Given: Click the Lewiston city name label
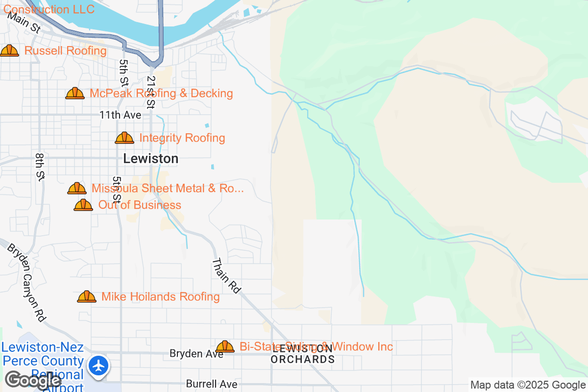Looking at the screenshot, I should (x=151, y=159).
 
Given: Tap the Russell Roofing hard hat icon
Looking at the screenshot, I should (x=9, y=50).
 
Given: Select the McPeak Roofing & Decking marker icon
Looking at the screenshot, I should (x=75, y=93).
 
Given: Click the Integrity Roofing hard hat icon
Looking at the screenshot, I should (x=124, y=138).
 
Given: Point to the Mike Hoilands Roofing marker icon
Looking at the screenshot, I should (x=87, y=296).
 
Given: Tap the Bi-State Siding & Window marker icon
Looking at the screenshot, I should (x=225, y=346).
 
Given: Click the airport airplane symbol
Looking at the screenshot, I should (x=99, y=366).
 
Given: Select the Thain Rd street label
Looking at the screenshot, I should (x=226, y=276).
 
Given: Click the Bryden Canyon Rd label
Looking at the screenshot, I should (x=26, y=283).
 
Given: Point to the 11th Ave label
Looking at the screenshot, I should (x=120, y=115).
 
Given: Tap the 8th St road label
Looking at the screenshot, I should (x=40, y=167).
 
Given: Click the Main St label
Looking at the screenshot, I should (x=24, y=23).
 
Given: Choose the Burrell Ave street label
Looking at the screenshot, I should (x=212, y=384).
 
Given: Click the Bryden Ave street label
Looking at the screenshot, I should (x=196, y=353).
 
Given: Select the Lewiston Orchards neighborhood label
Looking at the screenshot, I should (x=302, y=354).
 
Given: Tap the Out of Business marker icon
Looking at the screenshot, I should (x=83, y=205).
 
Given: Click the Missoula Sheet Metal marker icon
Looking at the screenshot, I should (x=77, y=188).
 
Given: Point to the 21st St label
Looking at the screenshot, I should (x=150, y=92).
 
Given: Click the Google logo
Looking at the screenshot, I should (x=33, y=380).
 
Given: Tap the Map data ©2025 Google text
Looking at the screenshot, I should (x=528, y=385).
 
